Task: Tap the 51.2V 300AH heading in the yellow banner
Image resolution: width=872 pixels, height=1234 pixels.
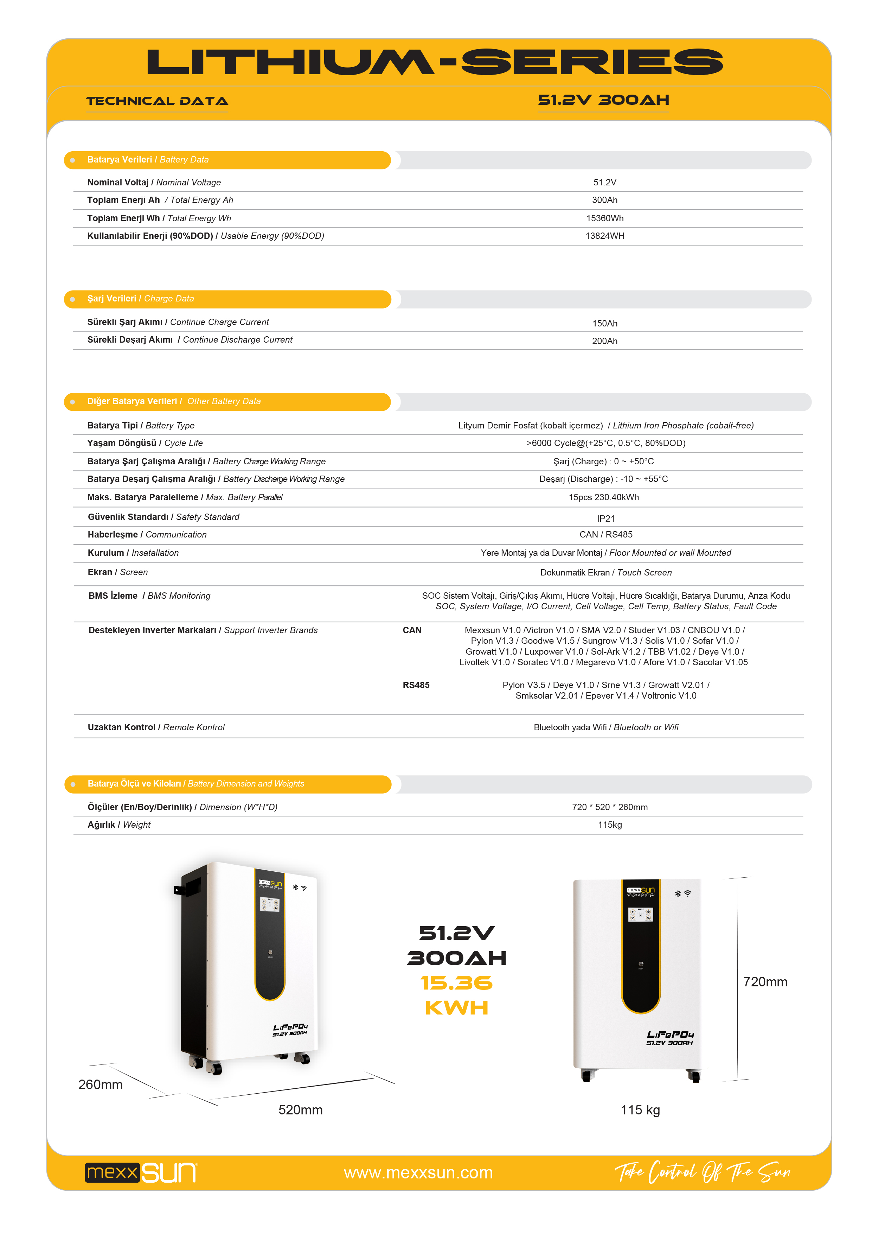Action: [x=603, y=100]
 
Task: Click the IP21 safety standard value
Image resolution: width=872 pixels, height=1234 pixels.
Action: [x=605, y=519]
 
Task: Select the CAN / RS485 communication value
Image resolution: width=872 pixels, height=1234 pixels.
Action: [x=605, y=535]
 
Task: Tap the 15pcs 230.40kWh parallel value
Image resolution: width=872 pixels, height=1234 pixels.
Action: [x=604, y=498]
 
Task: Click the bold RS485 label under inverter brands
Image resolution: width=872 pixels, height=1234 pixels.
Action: [x=416, y=685]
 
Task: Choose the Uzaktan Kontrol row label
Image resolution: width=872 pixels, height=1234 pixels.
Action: [x=121, y=728]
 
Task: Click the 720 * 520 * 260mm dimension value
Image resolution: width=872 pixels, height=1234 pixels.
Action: [x=610, y=807]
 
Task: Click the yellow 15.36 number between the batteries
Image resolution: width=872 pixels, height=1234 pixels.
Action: [x=456, y=983]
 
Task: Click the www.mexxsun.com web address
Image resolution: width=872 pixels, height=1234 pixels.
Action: [x=418, y=1173]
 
